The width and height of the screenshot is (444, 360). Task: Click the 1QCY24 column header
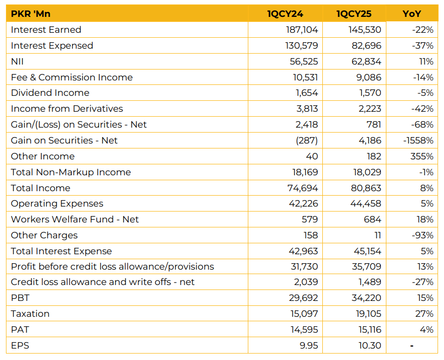coord(285,13)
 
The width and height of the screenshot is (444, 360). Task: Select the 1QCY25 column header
coord(354,13)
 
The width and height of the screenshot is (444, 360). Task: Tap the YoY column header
coord(412,13)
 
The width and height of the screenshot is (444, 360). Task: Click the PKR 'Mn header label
coord(31,13)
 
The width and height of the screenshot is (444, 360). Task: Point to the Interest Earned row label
coord(46,29)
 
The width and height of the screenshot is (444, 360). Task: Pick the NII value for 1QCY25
coord(367,62)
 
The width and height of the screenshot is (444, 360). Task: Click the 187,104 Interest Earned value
coord(302,29)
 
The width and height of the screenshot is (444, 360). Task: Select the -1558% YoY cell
coord(418,141)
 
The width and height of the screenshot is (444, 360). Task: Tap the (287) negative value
coord(306,141)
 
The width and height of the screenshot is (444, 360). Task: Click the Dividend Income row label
coord(50,93)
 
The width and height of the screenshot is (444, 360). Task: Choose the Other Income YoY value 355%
coord(422,156)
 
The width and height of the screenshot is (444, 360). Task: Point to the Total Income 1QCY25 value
coord(366,188)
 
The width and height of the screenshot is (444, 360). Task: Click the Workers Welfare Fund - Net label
coord(75,219)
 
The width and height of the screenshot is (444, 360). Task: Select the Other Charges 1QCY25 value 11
coord(378,235)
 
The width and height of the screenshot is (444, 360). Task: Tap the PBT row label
coord(20,298)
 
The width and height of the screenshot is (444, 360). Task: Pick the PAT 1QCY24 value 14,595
coord(304,329)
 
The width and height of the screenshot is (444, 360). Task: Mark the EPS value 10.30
coord(370,345)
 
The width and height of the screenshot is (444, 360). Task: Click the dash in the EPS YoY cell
coord(412,346)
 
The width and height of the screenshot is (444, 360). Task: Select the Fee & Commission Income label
coord(72,77)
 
